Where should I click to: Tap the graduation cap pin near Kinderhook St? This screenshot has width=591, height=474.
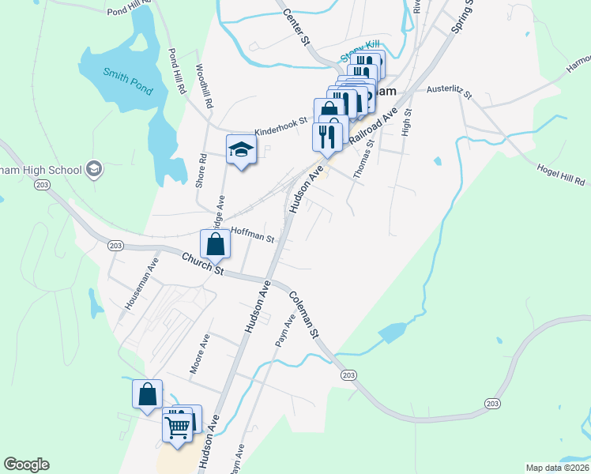242,149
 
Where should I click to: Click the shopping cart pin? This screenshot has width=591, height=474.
178,429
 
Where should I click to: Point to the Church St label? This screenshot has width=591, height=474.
204,264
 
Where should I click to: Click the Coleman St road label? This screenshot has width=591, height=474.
303,315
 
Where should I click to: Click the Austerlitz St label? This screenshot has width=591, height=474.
448,93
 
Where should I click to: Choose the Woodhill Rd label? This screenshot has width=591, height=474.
205,86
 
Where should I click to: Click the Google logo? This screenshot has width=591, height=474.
27,465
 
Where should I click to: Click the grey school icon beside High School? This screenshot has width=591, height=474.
94,169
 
